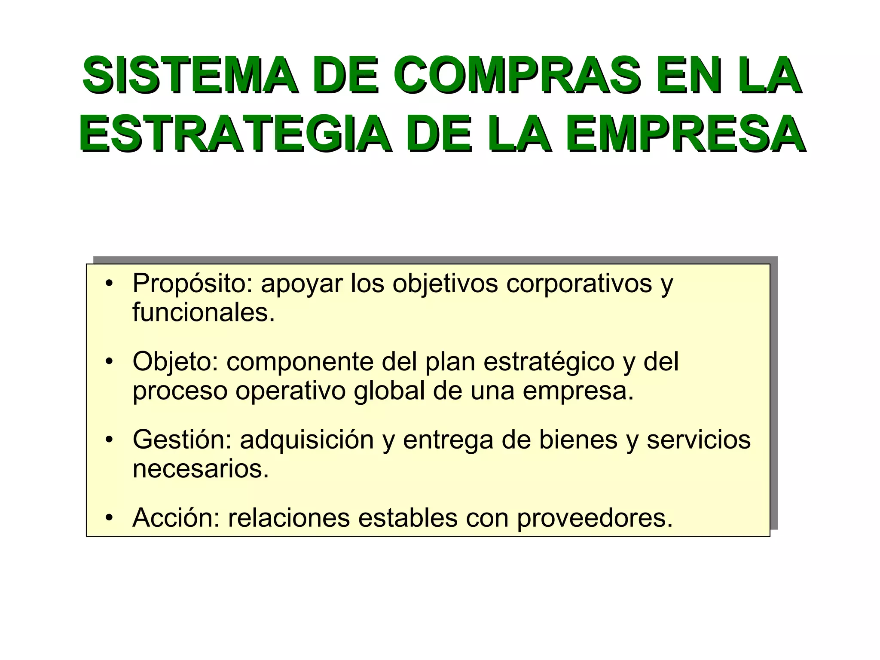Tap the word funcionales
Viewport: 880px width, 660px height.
203,312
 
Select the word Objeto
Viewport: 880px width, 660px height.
175,362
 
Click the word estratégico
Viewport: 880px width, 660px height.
549,362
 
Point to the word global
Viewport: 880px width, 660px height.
389,391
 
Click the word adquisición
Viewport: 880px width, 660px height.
307,440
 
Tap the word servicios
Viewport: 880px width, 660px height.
699,440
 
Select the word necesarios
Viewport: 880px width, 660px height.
201,469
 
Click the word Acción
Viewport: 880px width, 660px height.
176,518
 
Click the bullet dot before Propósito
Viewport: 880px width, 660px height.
110,284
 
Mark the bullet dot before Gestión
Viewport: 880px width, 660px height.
110,440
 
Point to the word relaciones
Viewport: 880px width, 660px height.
289,518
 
